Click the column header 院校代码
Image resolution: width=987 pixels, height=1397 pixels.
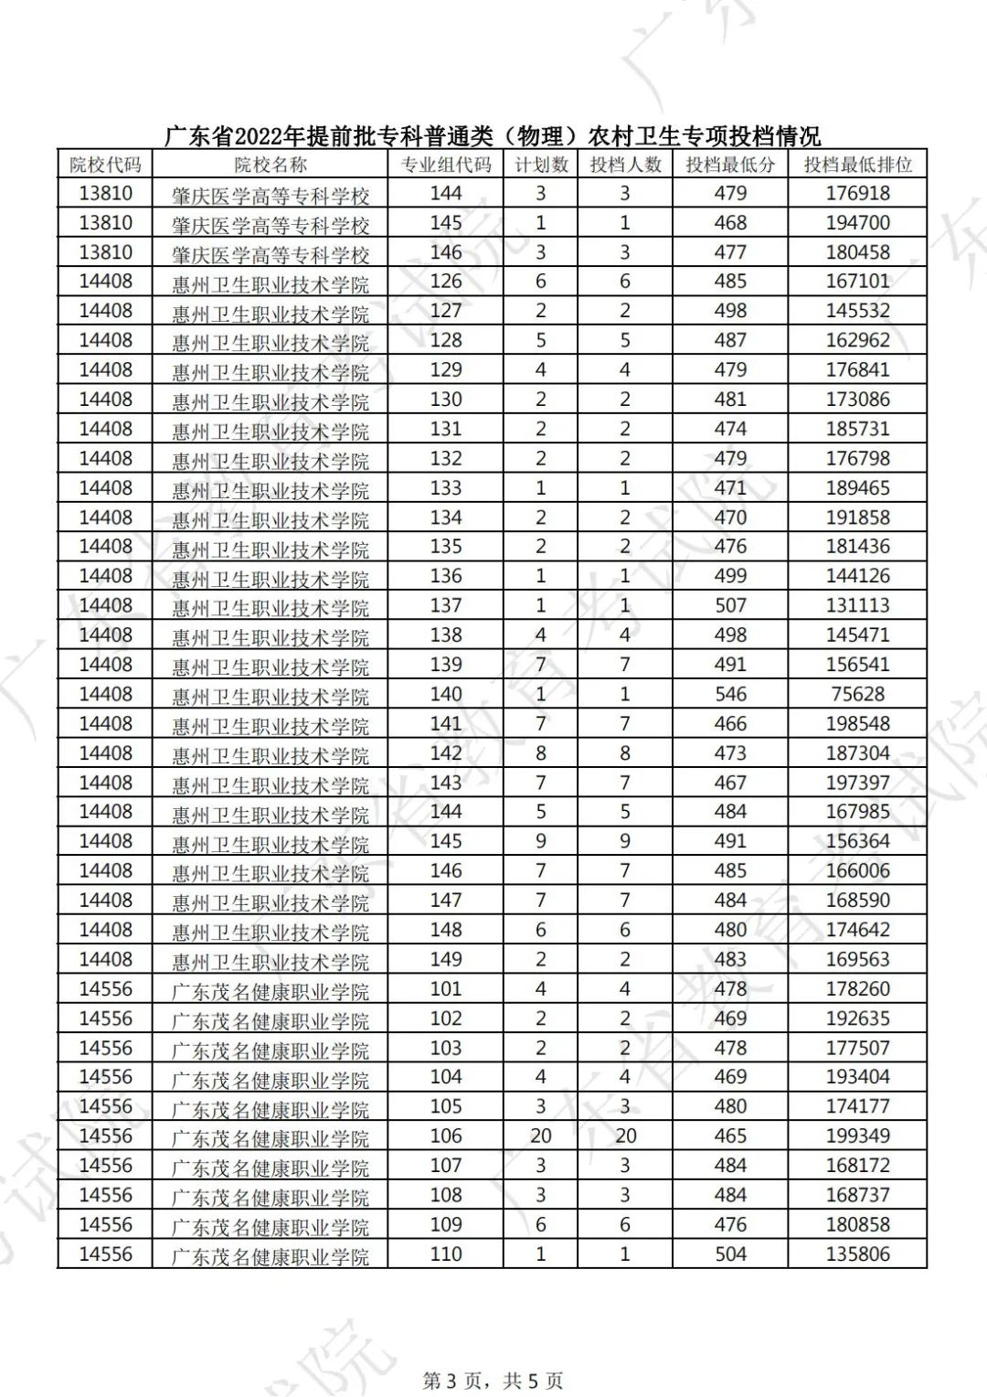[x=105, y=165]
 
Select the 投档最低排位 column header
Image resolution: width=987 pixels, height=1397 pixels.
[x=857, y=165]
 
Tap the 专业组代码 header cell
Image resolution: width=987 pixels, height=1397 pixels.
[x=446, y=165]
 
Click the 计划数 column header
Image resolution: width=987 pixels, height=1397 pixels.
[x=541, y=165]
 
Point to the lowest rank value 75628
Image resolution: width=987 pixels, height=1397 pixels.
[x=857, y=694]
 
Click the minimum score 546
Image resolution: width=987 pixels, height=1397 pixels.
[x=730, y=694]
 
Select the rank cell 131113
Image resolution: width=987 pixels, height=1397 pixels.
[x=857, y=605]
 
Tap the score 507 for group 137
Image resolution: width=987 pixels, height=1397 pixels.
[x=730, y=605]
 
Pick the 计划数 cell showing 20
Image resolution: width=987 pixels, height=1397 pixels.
[x=541, y=1136]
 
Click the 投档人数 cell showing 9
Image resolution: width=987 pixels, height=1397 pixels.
[x=625, y=841]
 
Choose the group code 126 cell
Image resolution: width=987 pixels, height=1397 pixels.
[x=446, y=282]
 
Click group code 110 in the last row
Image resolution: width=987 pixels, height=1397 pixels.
[x=446, y=1253]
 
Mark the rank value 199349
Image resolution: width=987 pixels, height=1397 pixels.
[x=857, y=1136]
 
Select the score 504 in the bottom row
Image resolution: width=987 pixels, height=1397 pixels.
[x=730, y=1253]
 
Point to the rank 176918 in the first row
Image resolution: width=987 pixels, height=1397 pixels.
[x=857, y=193]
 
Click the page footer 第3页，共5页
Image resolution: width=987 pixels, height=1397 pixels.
[x=493, y=1380]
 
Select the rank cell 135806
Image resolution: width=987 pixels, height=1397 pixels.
[x=857, y=1253]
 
